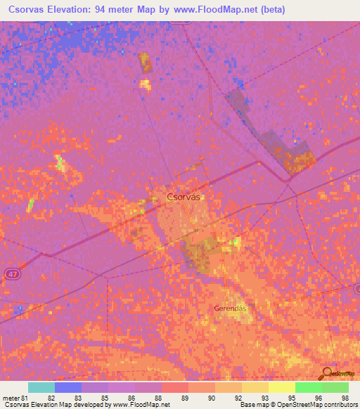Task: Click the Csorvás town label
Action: pos(185,197)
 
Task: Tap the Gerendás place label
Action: pos(233,308)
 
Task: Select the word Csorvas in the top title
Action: pos(31,9)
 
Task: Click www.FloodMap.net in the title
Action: pos(219,9)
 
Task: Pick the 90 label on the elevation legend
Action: pos(210,398)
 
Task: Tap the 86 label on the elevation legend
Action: pos(130,398)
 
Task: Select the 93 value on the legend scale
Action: pos(264,398)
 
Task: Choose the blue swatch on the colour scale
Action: pos(68,387)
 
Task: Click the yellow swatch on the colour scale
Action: pos(282,387)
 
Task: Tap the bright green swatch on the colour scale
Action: pos(309,387)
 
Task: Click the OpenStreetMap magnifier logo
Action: pos(326,373)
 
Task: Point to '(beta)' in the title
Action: pos(287,9)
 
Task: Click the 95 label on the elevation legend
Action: pos(290,398)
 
